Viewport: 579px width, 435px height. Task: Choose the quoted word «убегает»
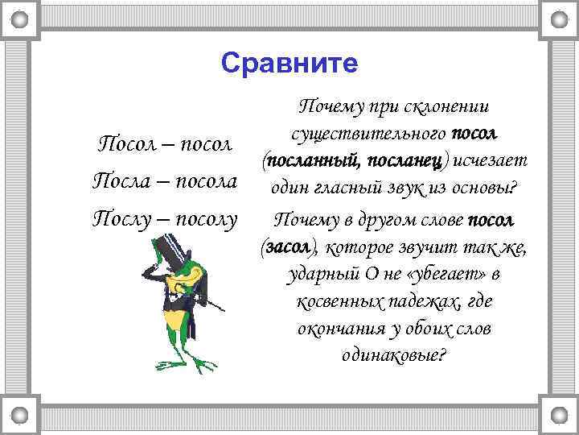442,275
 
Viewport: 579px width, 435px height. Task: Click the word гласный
341,189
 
